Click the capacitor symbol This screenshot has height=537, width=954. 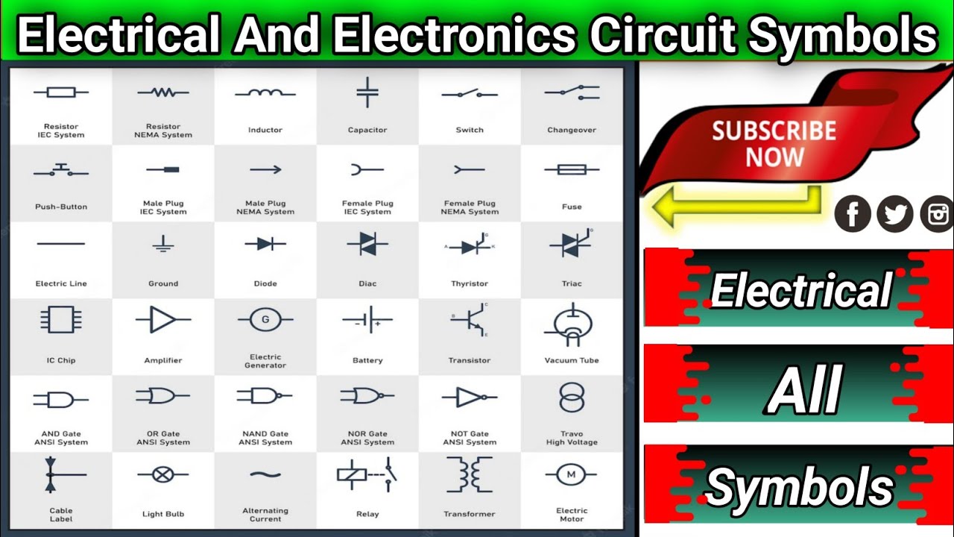tap(367, 92)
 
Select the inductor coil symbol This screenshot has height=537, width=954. tap(265, 94)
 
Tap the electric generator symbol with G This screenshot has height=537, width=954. tap(265, 321)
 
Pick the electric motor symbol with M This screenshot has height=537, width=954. tap(572, 474)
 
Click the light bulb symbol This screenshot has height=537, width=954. tap(163, 474)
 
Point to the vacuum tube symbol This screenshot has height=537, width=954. tap(572, 324)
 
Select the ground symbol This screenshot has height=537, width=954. tap(163, 244)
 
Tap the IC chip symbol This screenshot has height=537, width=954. tap(61, 320)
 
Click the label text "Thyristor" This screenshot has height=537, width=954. tap(470, 284)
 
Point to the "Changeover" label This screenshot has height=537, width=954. tap(572, 131)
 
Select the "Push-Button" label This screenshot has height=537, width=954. tap(61, 207)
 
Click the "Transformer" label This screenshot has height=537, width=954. tap(470, 515)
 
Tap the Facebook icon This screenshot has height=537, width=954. tap(853, 214)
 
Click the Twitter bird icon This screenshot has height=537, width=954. tap(895, 214)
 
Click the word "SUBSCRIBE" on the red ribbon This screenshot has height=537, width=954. tap(774, 131)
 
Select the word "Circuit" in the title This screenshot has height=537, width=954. tap(660, 36)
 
